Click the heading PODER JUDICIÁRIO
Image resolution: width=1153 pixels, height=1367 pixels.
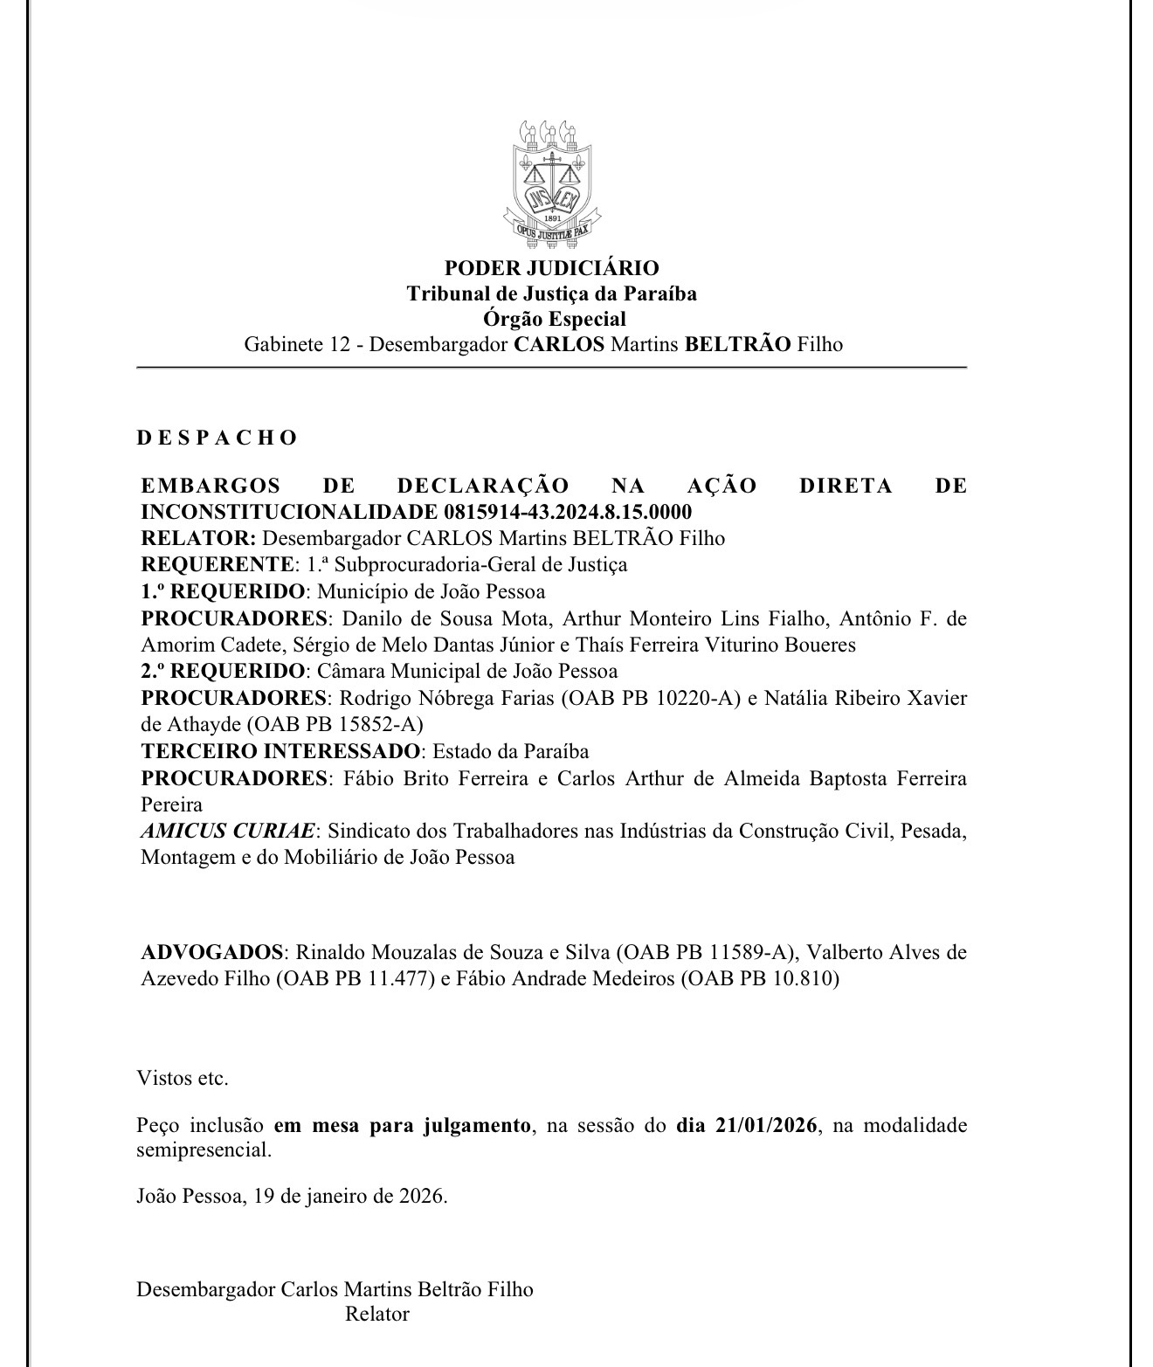551,268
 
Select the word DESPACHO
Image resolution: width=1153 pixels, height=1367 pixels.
217,438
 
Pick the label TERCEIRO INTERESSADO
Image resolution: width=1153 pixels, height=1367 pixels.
280,751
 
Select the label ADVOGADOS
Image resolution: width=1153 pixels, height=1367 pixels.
213,951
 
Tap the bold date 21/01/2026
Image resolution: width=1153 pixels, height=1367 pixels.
766,1125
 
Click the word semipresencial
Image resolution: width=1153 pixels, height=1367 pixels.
203,1150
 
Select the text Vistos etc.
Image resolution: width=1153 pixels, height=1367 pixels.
183,1078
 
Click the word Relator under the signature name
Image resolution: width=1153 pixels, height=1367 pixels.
377,1314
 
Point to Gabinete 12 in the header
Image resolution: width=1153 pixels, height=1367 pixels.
297,344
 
